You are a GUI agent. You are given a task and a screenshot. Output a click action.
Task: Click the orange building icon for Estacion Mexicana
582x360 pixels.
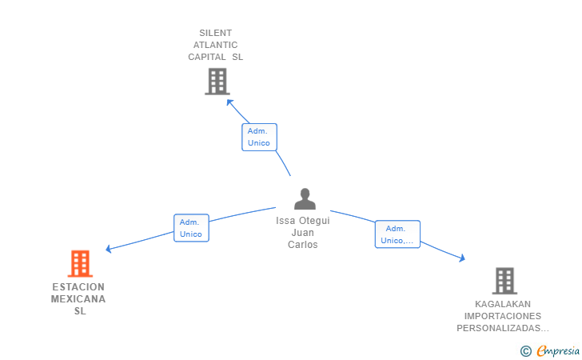point(80,263)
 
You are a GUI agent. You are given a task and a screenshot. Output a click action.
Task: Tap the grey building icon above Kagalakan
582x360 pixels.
point(504,281)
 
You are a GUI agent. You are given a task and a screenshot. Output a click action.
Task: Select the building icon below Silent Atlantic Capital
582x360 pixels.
point(217,82)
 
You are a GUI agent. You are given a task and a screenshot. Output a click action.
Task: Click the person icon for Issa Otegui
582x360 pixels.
point(305,198)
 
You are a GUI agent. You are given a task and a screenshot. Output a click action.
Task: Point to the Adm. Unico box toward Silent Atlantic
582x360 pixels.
point(259,137)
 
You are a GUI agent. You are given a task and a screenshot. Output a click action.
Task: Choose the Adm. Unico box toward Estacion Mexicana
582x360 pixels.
point(191,228)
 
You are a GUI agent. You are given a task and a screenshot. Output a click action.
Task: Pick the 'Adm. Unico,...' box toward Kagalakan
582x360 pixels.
point(397,234)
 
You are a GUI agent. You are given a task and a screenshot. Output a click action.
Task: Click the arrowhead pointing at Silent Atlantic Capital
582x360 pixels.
point(229,102)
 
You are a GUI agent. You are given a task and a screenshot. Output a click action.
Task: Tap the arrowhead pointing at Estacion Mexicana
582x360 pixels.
point(109,249)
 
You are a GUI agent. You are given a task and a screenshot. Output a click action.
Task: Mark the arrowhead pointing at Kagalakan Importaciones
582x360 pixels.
point(462,258)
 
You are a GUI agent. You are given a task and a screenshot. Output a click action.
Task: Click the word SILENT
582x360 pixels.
point(215,33)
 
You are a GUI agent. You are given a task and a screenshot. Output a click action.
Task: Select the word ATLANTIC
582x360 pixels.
point(215,45)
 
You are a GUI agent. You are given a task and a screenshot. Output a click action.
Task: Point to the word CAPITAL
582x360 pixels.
point(207,57)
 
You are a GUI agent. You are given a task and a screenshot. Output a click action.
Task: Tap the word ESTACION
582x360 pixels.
point(78,287)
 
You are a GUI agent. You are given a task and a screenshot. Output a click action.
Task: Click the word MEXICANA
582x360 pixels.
point(78,299)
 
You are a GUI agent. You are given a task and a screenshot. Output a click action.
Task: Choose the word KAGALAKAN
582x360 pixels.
point(503,304)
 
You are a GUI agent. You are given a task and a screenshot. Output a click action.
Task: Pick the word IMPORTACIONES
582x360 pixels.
point(503,316)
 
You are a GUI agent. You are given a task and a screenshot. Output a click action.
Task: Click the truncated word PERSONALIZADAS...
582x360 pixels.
point(503,328)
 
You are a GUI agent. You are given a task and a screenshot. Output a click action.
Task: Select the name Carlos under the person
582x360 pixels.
point(302,245)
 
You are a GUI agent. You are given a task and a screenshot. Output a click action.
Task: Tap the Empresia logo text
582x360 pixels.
point(558,350)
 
